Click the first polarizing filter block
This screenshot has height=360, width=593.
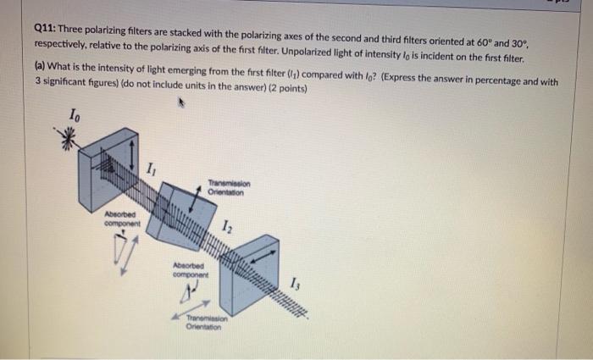click(x=109, y=169)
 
